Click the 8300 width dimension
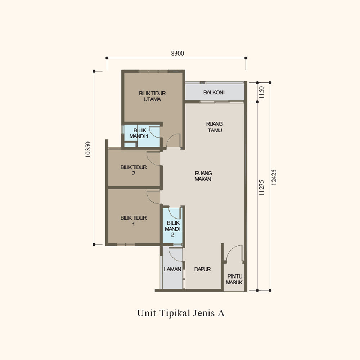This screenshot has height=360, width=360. point(177,54)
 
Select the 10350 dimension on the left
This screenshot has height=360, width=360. point(88,149)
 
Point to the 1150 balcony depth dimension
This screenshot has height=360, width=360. point(261,92)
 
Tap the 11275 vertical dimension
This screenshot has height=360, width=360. point(261,188)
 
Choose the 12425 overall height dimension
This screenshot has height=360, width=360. point(274,177)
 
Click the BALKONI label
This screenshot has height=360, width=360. point(214,93)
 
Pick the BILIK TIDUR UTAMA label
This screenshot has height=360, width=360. point(152,96)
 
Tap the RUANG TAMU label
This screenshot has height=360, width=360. point(215,127)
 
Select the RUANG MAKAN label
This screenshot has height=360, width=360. point(203,176)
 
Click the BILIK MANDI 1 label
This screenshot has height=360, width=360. point(139,133)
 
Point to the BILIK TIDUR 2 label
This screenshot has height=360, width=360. point(134,170)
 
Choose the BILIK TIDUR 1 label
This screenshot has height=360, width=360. point(134,221)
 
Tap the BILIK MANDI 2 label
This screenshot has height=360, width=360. point(173,229)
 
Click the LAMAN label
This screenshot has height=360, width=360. point(172,269)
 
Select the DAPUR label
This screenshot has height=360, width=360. point(202,269)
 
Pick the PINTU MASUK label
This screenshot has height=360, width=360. point(234,279)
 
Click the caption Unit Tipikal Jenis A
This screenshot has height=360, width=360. point(181,313)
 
